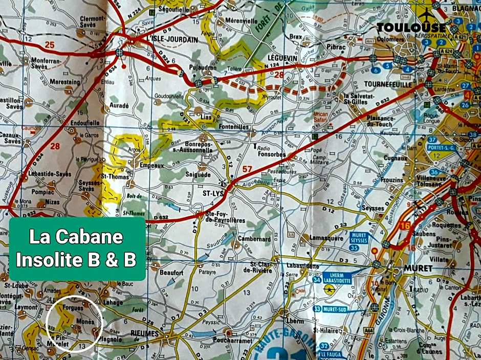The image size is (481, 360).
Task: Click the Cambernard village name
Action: point(254,239)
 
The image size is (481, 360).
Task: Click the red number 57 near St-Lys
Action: point(248,169)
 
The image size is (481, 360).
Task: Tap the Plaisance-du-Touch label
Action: point(372,121)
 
